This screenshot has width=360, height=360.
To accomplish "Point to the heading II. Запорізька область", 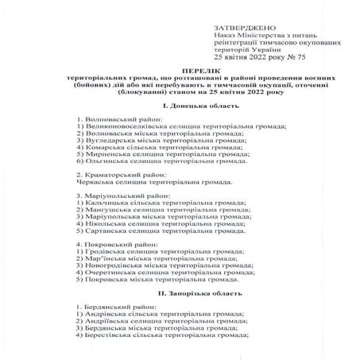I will click(180, 293).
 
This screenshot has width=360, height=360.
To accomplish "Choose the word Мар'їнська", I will click(103, 258).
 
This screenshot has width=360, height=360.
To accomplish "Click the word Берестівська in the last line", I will click(108, 334).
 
